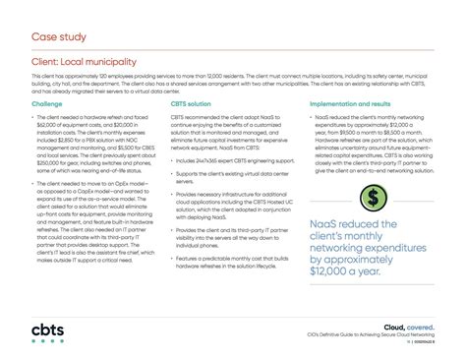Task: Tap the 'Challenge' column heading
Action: point(47,102)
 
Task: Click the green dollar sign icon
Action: point(374,197)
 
